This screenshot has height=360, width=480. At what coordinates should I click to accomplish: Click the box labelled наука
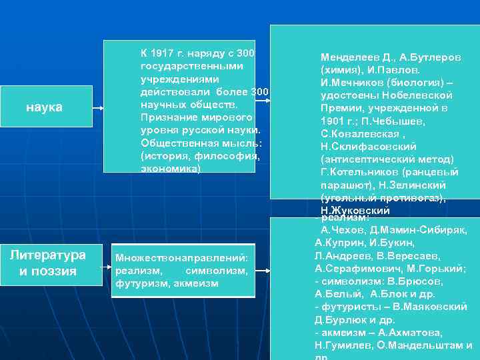tap(44, 107)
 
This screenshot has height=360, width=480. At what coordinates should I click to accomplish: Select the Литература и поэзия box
tap(47, 263)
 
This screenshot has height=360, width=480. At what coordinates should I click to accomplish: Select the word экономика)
tap(171, 169)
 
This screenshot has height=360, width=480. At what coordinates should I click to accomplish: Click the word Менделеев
tap(349, 57)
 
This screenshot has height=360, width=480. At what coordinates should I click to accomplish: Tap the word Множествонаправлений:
tap(181, 257)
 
